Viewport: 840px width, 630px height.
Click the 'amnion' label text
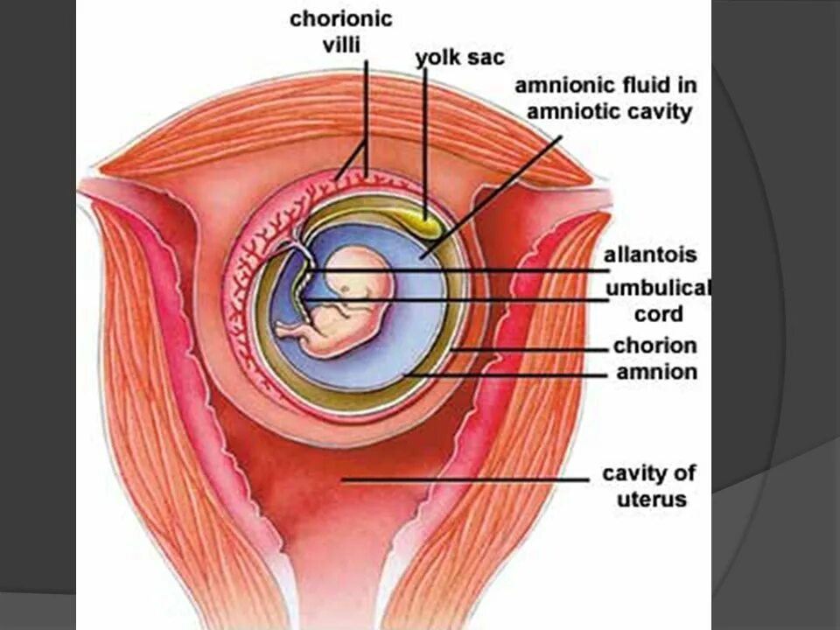pyautogui.click(x=656, y=372)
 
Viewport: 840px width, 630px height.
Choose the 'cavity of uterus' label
pyautogui.click(x=648, y=486)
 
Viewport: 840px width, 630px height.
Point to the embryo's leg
pyautogui.click(x=293, y=330)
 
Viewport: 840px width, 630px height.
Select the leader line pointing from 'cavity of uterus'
pyautogui.click(x=464, y=479)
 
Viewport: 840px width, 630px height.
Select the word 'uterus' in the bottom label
pyautogui.click(x=649, y=500)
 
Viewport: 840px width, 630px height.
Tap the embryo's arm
pyautogui.click(x=346, y=308)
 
